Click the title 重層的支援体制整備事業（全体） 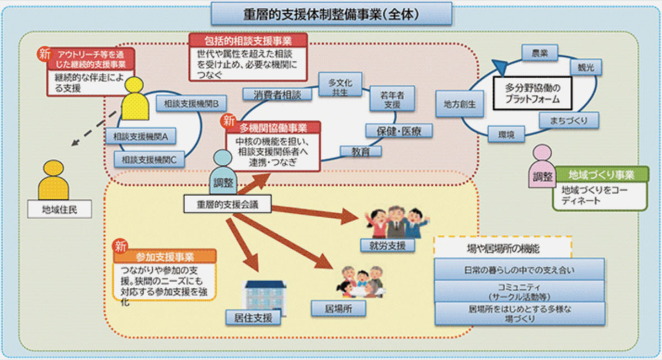(331, 14)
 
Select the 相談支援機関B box (188, 103)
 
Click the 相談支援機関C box (145, 160)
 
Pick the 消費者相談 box (274, 95)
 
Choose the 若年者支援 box (392, 99)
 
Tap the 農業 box (539, 53)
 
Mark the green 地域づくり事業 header (601, 175)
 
